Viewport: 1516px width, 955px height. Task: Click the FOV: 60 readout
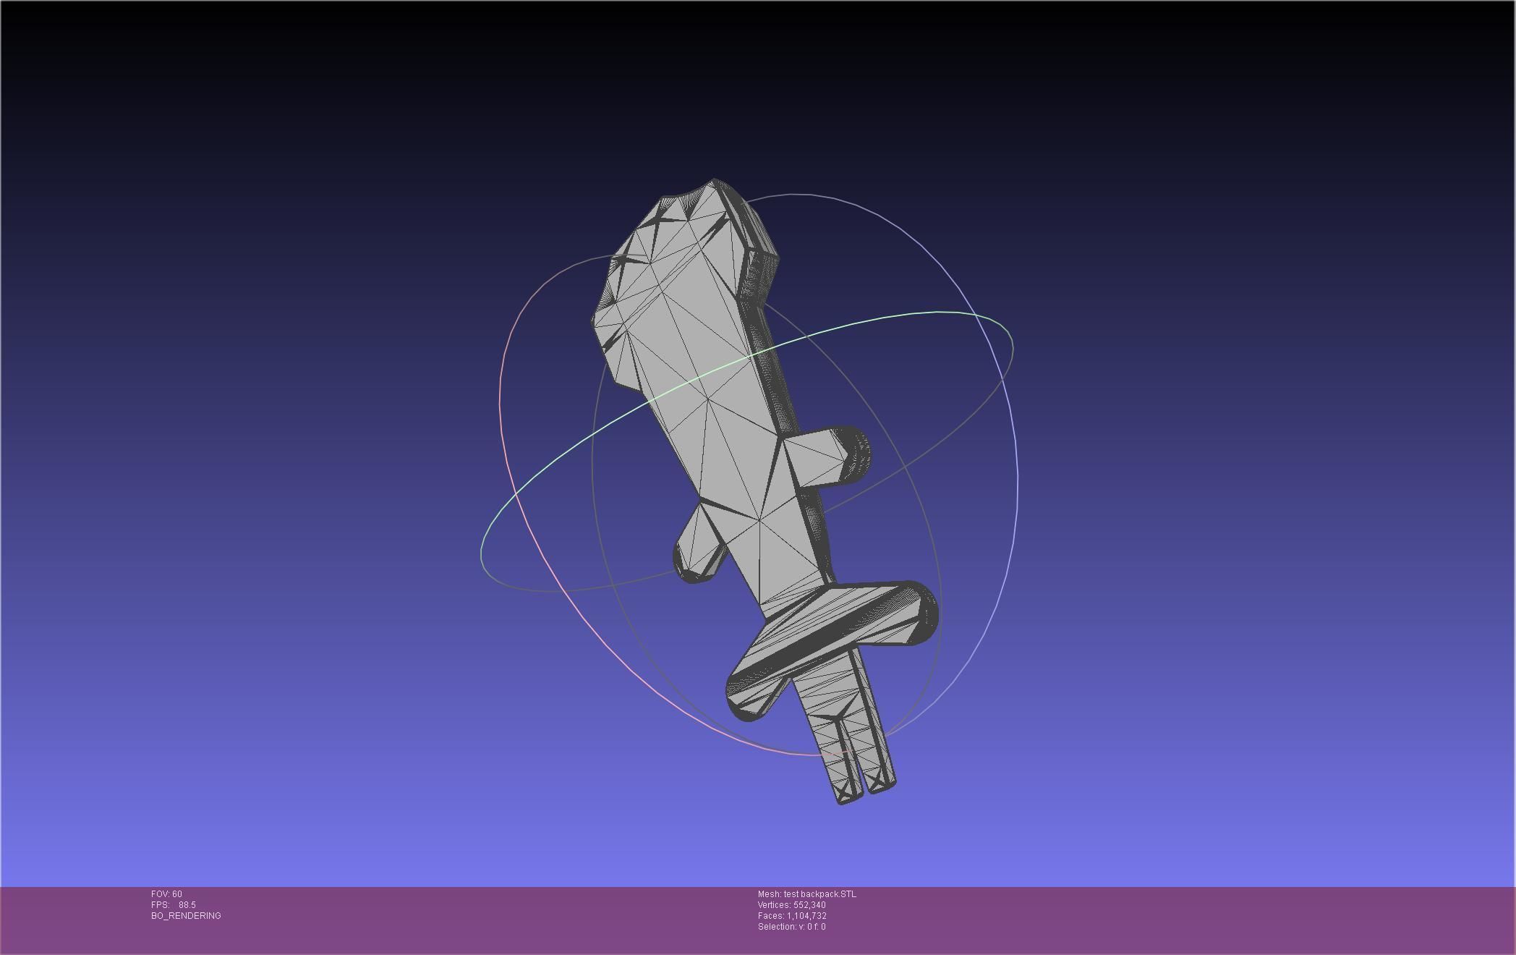pyautogui.click(x=166, y=894)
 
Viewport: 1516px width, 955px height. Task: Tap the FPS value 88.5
pyautogui.click(x=187, y=905)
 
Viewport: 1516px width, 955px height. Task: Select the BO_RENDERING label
pyautogui.click(x=186, y=916)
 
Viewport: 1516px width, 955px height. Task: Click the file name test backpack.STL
pyautogui.click(x=819, y=894)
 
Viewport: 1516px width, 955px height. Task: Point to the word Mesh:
pyautogui.click(x=769, y=894)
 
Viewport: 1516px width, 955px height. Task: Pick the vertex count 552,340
pyautogui.click(x=809, y=905)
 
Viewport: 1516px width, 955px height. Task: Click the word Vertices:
pyautogui.click(x=774, y=905)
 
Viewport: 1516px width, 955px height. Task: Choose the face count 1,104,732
pyautogui.click(x=806, y=916)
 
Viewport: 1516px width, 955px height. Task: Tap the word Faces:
pyautogui.click(x=771, y=916)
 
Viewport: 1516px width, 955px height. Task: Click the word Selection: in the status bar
pyautogui.click(x=777, y=927)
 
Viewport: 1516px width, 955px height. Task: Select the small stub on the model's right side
pyautogui.click(x=853, y=454)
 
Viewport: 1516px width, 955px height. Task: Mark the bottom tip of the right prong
pyautogui.click(x=882, y=787)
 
